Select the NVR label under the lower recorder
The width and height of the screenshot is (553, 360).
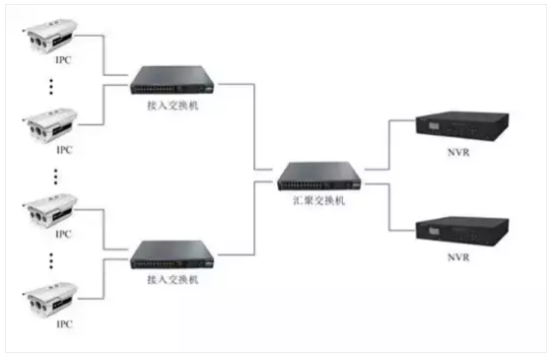coord(457,258)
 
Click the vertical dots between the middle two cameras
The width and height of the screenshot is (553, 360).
coord(55,177)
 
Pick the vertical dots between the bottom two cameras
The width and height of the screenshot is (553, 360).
coord(55,261)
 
